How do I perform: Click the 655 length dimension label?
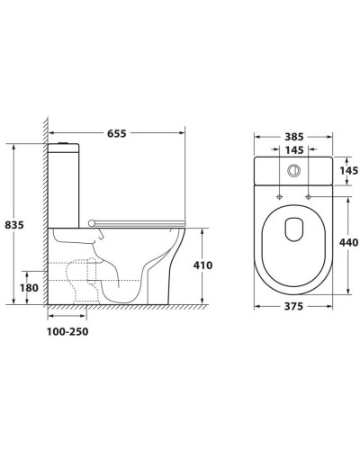coord(117,133)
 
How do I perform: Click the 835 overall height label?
coord(14,225)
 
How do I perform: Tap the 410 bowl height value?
coord(202,265)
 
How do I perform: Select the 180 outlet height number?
coord(29,288)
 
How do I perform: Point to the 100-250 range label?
coord(67,332)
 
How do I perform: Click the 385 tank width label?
coord(294,137)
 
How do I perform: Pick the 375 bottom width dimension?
coord(294,306)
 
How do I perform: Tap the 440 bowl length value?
coord(348,242)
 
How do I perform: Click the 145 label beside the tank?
coord(349,170)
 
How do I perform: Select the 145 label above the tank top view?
coord(294,150)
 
